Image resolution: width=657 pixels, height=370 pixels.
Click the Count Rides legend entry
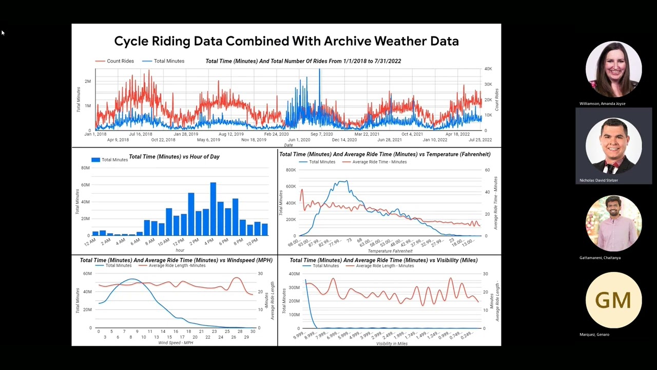pos(120,61)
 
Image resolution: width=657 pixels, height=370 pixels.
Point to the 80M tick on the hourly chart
pos(85,168)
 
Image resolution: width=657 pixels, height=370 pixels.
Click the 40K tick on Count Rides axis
pos(488,69)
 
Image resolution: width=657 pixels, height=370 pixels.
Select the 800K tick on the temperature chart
pos(291,170)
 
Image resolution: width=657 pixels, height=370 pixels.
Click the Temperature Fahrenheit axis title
pos(390,251)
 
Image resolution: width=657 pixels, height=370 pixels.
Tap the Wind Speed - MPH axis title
pos(176,343)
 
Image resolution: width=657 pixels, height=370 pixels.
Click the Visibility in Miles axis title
pos(392,343)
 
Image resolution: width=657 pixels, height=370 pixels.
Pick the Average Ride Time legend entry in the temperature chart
pos(379,162)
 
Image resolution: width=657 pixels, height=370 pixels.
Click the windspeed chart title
pos(176,261)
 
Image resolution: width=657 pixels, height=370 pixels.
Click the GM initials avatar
pos(613,300)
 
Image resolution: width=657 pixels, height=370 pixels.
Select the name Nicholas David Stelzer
pos(598,180)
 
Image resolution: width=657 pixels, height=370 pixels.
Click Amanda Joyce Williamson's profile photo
pos(613,69)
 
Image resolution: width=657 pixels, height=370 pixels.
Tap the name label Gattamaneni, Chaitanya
pos(600,257)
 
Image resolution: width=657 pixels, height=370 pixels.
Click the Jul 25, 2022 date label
pos(479,140)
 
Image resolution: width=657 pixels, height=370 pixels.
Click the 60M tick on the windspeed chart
pos(87,274)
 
